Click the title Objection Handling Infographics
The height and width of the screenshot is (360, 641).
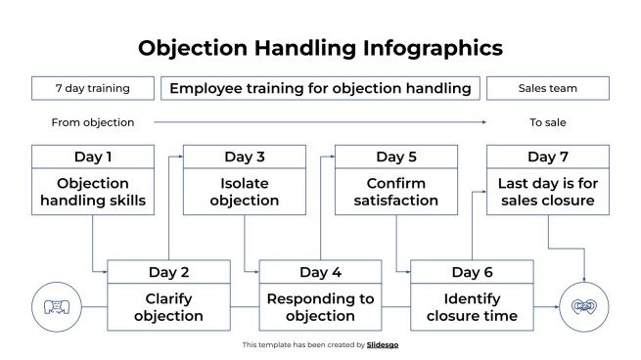pyautogui.click(x=320, y=48)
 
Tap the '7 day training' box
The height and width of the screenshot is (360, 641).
pyautogui.click(x=93, y=88)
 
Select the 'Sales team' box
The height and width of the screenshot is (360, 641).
pyautogui.click(x=547, y=88)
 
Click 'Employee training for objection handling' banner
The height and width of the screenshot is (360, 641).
pyautogui.click(x=320, y=88)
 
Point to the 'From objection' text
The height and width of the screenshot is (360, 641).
pyautogui.click(x=93, y=122)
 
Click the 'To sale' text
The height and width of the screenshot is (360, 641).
pyautogui.click(x=548, y=122)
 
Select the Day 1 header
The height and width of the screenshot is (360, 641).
pyautogui.click(x=93, y=157)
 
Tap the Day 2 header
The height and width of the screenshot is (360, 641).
pyautogui.click(x=168, y=272)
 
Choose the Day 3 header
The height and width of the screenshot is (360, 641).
pyautogui.click(x=245, y=157)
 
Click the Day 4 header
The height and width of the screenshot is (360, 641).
pyautogui.click(x=320, y=272)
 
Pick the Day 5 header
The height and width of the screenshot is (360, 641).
pyautogui.click(x=396, y=157)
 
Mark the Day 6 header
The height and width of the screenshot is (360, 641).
pyautogui.click(x=472, y=272)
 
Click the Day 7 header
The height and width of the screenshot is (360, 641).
pyautogui.click(x=548, y=157)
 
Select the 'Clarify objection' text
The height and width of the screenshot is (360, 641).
pyautogui.click(x=168, y=307)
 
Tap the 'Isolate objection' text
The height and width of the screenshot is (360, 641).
pyautogui.click(x=245, y=192)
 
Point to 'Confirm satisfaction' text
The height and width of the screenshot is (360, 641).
pyautogui.click(x=396, y=192)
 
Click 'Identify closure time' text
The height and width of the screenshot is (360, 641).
pyautogui.click(x=472, y=307)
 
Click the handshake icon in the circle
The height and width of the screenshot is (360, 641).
pyautogui.click(x=584, y=307)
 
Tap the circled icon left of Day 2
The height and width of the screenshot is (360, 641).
pyautogui.click(x=55, y=307)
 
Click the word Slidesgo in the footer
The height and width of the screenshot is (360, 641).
pyautogui.click(x=383, y=344)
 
